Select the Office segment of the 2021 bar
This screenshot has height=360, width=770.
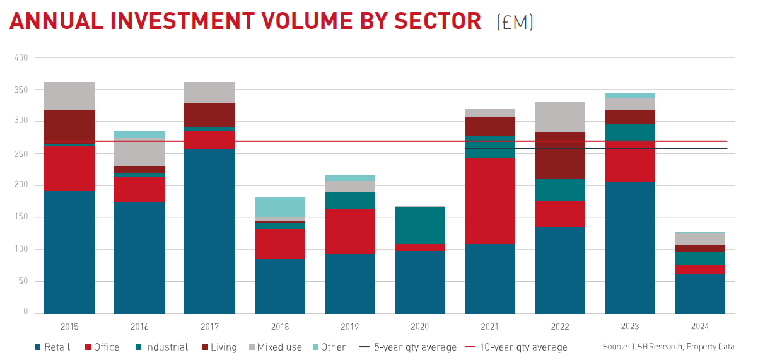(489, 201)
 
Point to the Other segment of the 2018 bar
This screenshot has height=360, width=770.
(279, 207)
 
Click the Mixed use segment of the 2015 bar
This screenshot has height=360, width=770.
(69, 96)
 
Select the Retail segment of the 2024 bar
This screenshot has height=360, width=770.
(699, 294)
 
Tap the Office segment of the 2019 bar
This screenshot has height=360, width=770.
(349, 231)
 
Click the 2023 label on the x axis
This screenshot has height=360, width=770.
(629, 327)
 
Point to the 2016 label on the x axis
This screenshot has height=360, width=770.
(139, 327)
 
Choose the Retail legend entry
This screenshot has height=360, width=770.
(53, 347)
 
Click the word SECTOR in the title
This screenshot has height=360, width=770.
(437, 21)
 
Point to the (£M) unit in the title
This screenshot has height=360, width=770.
(515, 22)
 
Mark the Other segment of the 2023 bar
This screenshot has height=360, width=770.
(629, 95)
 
